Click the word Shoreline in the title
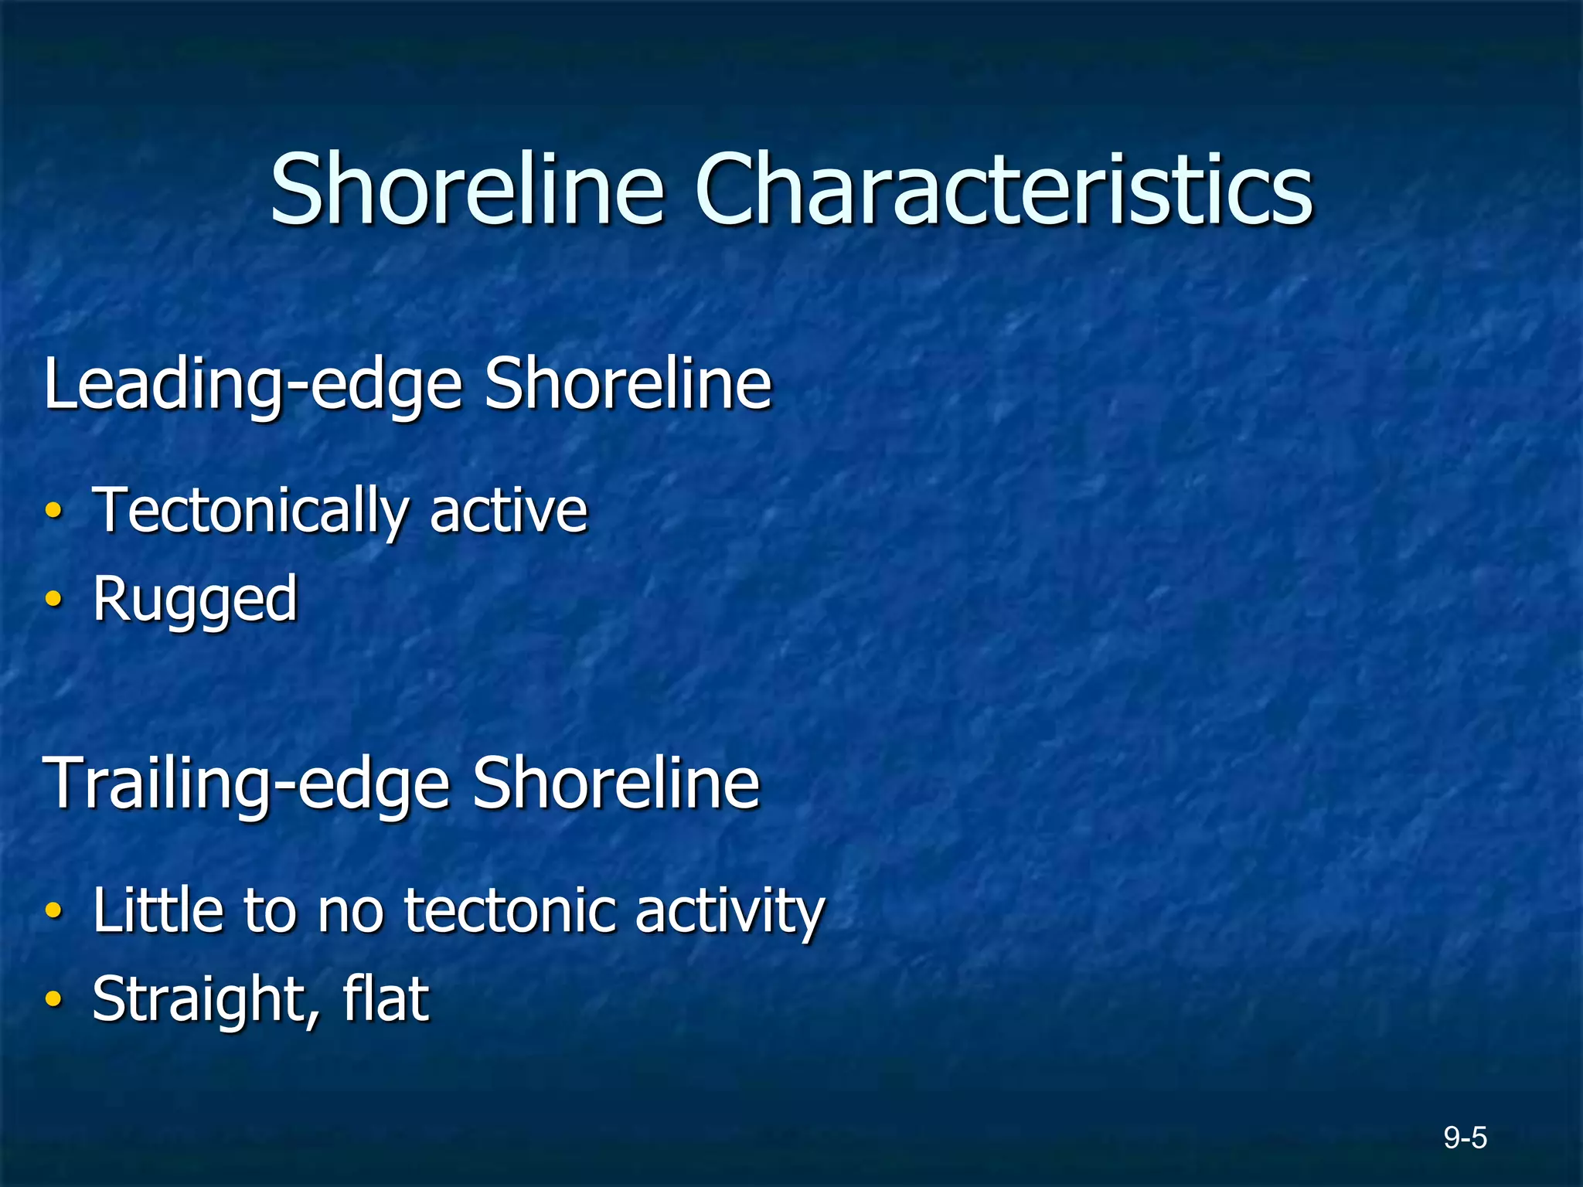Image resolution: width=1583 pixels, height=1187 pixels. (x=467, y=189)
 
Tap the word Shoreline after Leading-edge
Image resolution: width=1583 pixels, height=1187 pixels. (x=628, y=383)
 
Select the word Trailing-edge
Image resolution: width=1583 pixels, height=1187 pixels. (x=247, y=784)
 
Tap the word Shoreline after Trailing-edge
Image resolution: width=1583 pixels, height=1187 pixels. (x=616, y=783)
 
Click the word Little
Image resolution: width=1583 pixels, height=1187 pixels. (x=157, y=910)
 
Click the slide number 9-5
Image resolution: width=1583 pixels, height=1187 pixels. (x=1465, y=1138)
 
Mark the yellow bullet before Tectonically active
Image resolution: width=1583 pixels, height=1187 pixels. (x=53, y=511)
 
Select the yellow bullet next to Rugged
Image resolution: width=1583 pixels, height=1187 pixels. (x=53, y=599)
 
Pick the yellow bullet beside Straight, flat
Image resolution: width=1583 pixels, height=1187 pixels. (x=53, y=998)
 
